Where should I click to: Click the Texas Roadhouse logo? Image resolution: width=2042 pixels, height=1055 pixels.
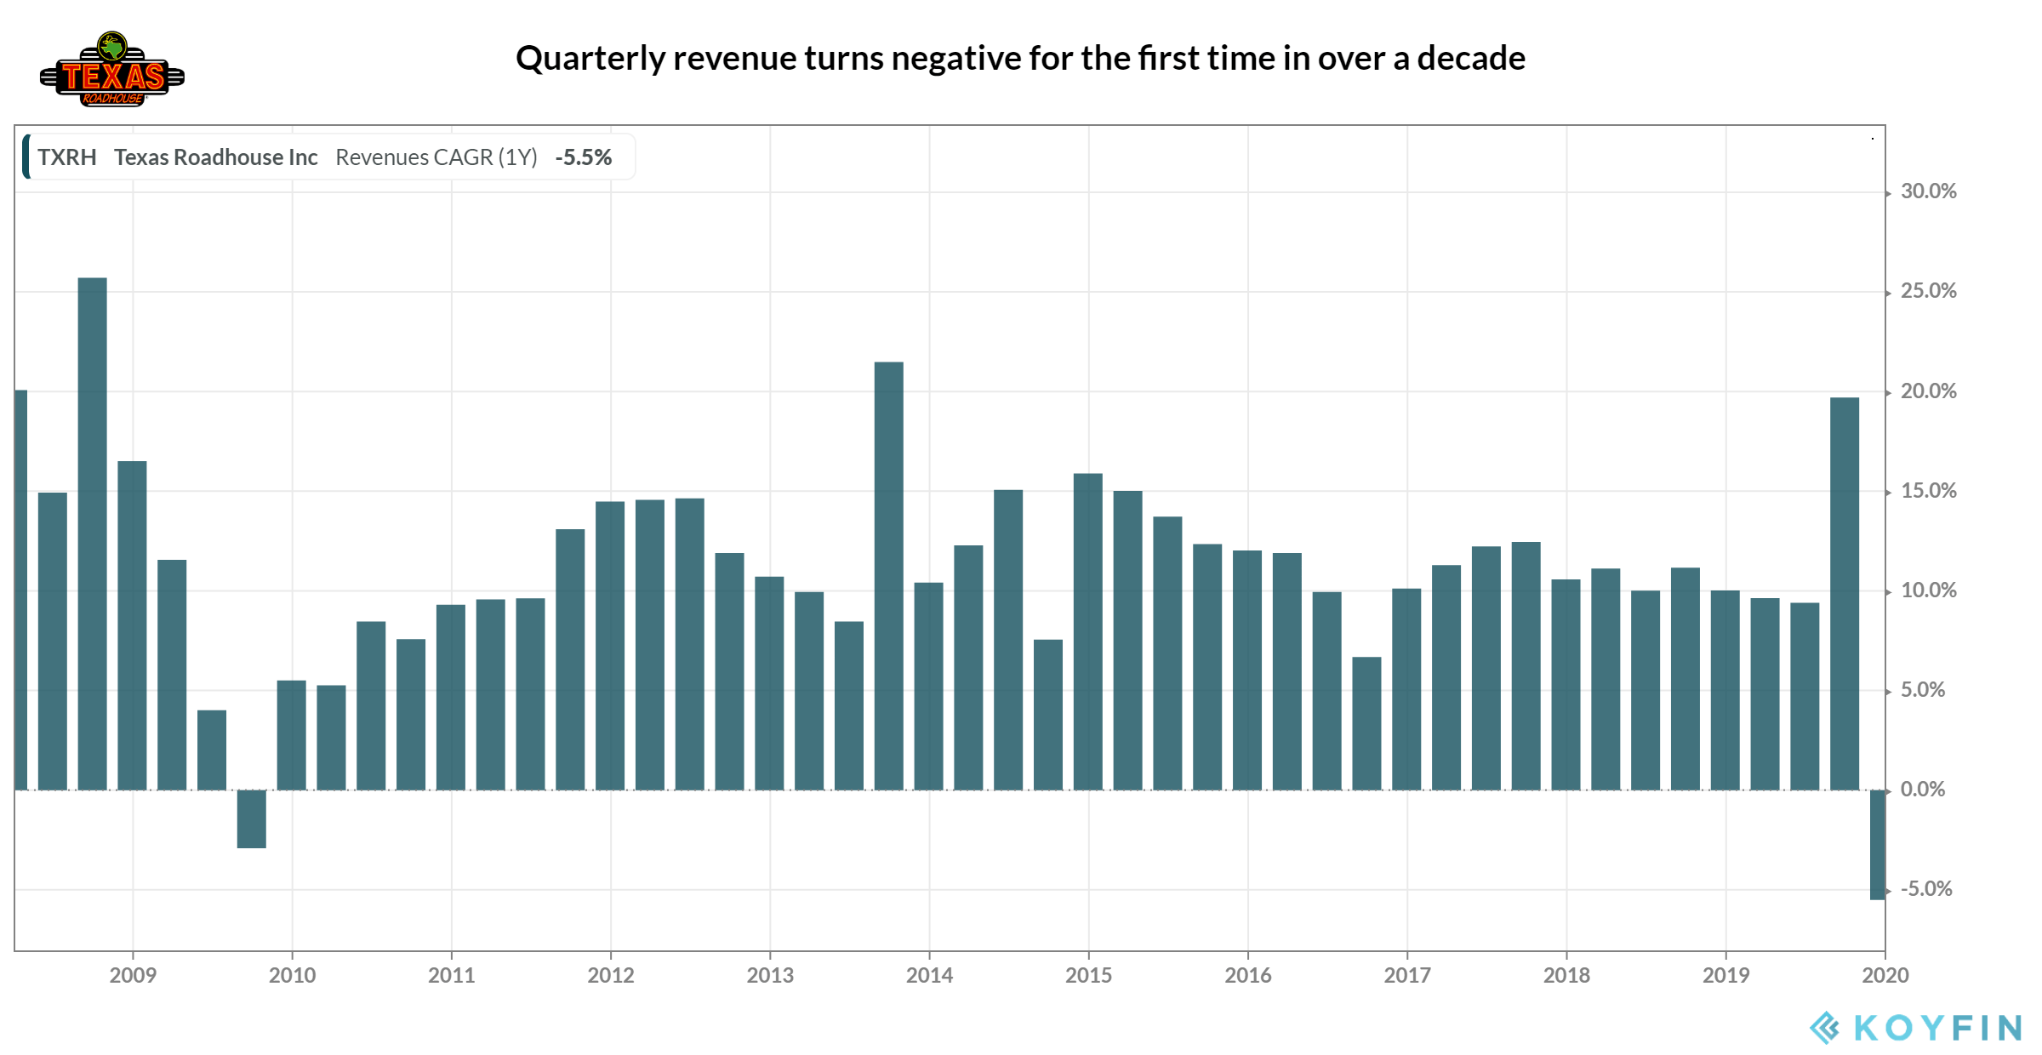click(112, 71)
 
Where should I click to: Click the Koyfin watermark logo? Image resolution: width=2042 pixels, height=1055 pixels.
click(1915, 1028)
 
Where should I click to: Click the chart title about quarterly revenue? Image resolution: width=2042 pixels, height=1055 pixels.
click(1020, 59)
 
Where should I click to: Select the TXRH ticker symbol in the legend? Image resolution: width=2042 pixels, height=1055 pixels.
click(66, 157)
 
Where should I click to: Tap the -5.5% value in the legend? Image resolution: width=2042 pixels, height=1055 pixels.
click(584, 157)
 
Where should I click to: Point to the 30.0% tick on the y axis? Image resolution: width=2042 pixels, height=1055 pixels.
click(1928, 191)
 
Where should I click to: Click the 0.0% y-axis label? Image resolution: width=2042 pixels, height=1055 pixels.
click(1923, 790)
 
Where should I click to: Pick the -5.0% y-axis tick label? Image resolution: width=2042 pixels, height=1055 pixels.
click(1926, 889)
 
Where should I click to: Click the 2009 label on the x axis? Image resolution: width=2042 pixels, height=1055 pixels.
click(133, 975)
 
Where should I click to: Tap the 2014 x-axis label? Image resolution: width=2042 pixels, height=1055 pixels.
click(929, 975)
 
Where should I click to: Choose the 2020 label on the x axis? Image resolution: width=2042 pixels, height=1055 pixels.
click(1885, 975)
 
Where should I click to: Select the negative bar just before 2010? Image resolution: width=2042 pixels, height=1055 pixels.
click(252, 818)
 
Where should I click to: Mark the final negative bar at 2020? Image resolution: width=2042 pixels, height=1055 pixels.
click(1877, 844)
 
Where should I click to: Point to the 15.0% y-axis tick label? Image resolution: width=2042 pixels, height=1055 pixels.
click(1928, 491)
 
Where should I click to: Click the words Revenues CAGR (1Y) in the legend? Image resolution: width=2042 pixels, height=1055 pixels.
click(436, 157)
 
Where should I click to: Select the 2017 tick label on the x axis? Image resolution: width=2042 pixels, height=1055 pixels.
click(1407, 975)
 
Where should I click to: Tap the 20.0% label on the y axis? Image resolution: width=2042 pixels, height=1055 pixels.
click(1928, 391)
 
